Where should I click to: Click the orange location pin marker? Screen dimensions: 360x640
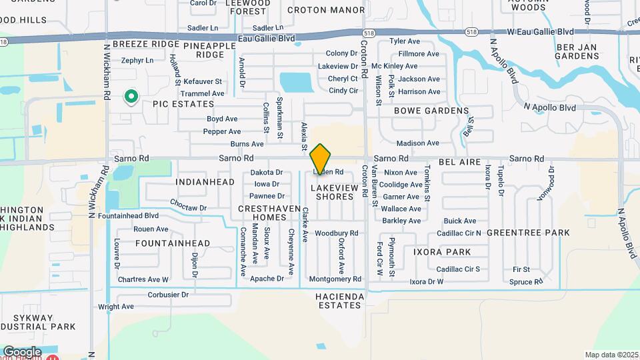click(x=321, y=158)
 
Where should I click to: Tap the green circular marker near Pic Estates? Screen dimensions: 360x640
click(x=131, y=97)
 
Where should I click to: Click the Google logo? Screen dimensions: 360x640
click(x=22, y=351)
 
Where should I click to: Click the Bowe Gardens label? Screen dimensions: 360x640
click(x=431, y=111)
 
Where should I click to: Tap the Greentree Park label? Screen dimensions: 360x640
click(x=528, y=232)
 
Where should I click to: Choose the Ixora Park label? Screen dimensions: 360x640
click(x=442, y=252)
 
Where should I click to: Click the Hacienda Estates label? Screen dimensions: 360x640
click(x=339, y=300)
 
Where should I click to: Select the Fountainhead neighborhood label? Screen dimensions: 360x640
click(x=173, y=243)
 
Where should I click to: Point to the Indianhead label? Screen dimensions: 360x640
click(x=205, y=182)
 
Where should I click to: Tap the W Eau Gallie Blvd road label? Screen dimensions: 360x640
click(x=540, y=31)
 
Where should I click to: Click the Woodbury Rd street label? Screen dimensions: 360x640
click(x=337, y=233)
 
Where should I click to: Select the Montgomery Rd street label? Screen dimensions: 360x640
click(x=335, y=279)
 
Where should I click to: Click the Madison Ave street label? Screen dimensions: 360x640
click(x=418, y=143)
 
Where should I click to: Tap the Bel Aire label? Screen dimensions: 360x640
click(x=460, y=163)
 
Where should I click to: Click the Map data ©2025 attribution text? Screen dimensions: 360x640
click(x=611, y=355)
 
